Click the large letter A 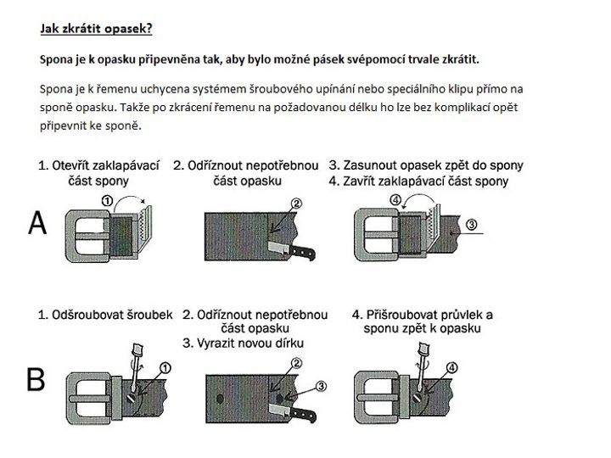(x=37, y=223)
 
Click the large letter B (x=36, y=379)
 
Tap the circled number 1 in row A (x=107, y=201)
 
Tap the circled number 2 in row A (x=296, y=204)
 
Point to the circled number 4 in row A (x=395, y=201)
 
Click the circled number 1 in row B (x=165, y=366)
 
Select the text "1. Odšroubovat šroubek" (x=105, y=315)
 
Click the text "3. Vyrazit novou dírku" (x=243, y=343)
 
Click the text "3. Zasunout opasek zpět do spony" (x=426, y=165)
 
